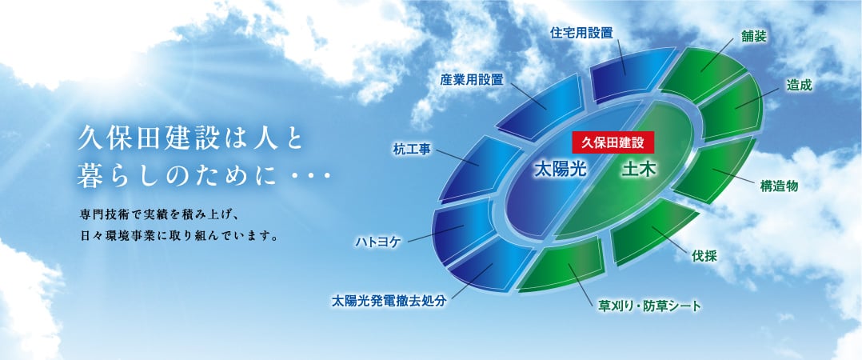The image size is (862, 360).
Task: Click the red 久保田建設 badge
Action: (613, 142)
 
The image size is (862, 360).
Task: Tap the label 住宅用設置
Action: (581, 33)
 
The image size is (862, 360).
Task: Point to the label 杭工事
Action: (412, 148)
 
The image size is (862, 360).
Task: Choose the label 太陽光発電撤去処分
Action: (388, 302)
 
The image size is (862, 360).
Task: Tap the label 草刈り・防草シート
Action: (649, 306)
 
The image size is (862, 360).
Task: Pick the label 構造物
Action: (779, 186)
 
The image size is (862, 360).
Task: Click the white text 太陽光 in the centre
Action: (561, 170)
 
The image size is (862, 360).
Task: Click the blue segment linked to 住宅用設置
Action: (622, 71)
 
